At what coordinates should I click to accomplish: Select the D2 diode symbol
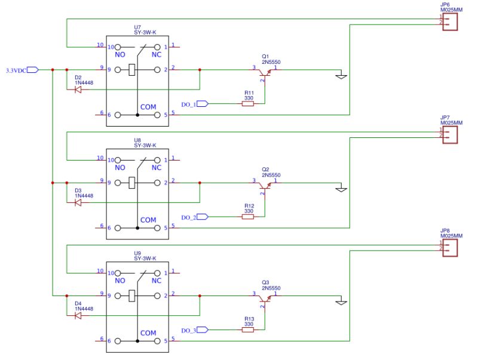point(78,90)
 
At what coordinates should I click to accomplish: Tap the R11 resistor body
point(248,104)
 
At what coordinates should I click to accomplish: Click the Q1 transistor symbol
point(264,72)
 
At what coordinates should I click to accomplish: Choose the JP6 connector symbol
point(451,21)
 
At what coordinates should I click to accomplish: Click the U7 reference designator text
point(138,27)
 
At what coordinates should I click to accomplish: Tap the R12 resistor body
point(248,217)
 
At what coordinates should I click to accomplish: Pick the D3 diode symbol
point(78,203)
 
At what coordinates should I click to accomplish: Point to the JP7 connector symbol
point(451,134)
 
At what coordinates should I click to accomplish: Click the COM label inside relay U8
point(148,220)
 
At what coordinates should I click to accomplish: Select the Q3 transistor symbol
point(264,298)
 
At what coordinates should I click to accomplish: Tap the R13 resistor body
point(248,330)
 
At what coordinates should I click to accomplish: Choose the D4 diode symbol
point(78,316)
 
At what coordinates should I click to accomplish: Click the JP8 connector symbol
point(451,247)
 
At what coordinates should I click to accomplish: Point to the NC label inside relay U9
point(157,281)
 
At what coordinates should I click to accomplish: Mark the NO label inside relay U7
point(119,55)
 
